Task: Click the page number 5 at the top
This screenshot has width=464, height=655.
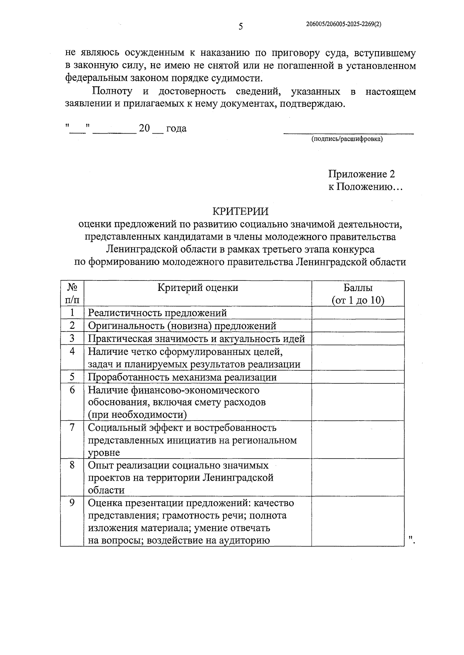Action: [241, 27]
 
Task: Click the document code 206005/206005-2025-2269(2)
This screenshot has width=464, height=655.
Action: [343, 24]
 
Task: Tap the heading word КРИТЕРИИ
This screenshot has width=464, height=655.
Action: [240, 211]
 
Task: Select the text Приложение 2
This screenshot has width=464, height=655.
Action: [362, 174]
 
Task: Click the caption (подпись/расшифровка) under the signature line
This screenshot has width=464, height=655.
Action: [347, 139]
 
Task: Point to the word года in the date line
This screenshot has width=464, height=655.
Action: [176, 128]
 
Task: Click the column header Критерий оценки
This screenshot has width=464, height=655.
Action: [198, 287]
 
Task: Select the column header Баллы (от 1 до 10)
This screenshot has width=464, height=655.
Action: [358, 294]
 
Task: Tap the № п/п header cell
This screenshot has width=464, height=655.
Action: [72, 294]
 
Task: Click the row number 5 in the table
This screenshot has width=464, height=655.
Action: [72, 377]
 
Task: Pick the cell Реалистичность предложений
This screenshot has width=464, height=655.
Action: [157, 313]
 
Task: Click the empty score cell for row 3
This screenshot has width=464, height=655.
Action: [358, 339]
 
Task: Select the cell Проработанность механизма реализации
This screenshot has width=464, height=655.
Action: [182, 377]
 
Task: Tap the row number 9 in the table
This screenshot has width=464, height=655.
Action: [72, 503]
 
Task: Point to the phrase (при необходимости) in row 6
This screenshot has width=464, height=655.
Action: [137, 414]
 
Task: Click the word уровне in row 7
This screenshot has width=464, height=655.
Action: [104, 452]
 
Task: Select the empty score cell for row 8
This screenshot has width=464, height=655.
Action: [358, 478]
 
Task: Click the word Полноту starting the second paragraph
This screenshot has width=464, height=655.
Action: [112, 91]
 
